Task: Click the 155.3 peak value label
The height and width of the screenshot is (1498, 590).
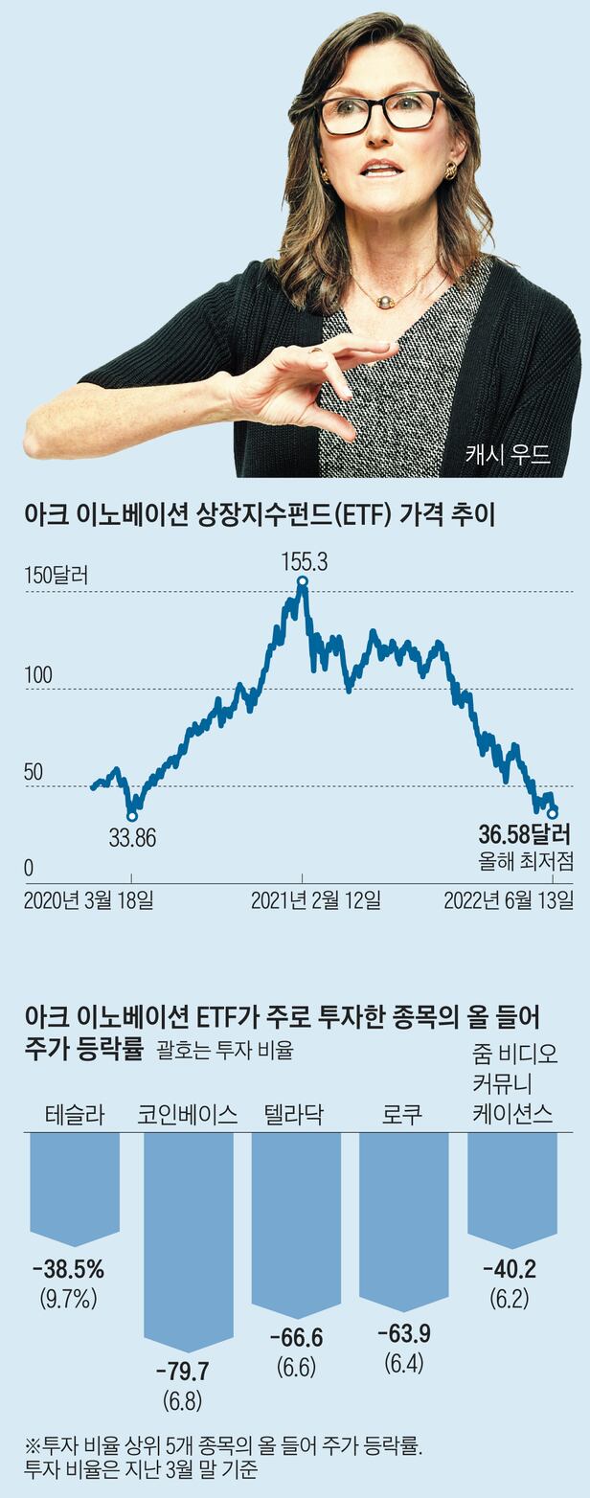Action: tap(304, 562)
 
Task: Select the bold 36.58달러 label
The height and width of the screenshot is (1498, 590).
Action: tap(524, 831)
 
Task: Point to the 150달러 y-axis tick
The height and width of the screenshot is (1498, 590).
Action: tap(55, 577)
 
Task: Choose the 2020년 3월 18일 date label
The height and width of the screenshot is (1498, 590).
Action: tap(88, 900)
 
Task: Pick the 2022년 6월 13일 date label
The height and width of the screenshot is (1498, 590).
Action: tap(509, 900)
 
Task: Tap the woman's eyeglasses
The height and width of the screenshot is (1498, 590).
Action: tap(381, 112)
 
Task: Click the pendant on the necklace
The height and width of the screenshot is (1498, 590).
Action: tap(387, 302)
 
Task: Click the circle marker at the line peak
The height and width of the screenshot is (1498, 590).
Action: tap(303, 581)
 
